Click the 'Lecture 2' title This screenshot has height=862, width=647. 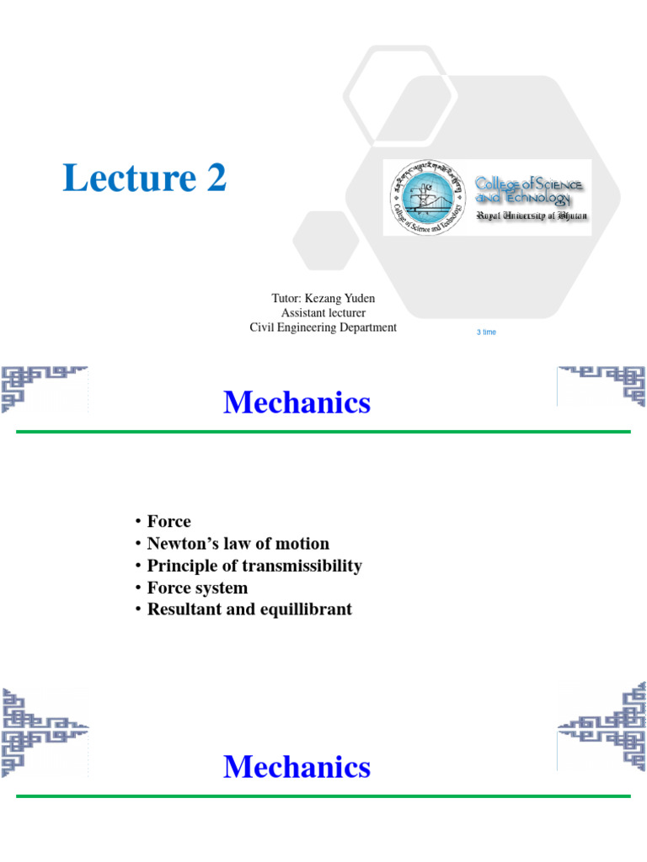(x=145, y=178)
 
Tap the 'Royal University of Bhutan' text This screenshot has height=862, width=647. (x=532, y=216)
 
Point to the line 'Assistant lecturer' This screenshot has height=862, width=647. (x=323, y=312)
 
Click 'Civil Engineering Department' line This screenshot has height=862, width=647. (x=323, y=327)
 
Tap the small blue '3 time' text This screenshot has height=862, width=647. (x=486, y=333)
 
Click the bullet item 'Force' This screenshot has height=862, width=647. (x=168, y=522)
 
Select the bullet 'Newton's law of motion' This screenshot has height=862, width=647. (x=238, y=544)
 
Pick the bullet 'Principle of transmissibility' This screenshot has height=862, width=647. (x=254, y=566)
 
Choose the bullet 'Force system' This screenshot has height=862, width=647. (x=197, y=588)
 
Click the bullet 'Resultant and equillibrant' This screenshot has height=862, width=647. (x=249, y=609)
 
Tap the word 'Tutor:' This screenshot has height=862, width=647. (x=286, y=298)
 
